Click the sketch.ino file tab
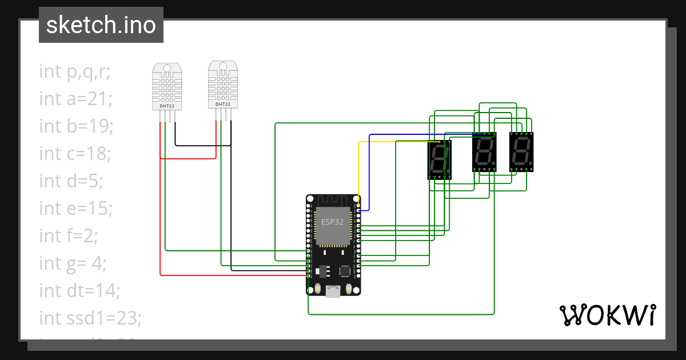coord(101,25)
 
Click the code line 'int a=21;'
coord(75,99)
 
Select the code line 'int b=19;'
coord(76,126)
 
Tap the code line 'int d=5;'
coord(71,181)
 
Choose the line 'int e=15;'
coord(75,209)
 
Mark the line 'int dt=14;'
coord(79,290)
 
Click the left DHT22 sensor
coord(167,87)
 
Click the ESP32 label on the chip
coord(332,222)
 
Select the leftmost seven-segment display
coord(440,159)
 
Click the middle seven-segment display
coord(484,152)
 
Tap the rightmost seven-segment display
coord(521,152)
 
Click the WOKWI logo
coord(607,315)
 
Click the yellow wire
coord(358,171)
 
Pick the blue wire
coord(370,171)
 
